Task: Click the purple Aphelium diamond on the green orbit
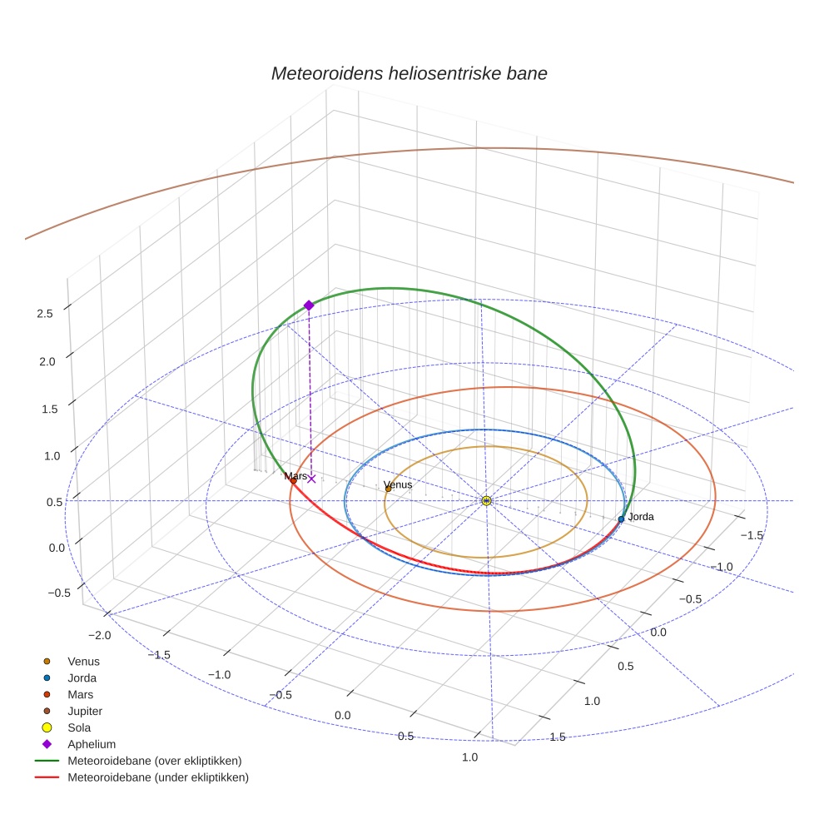pyautogui.click(x=309, y=305)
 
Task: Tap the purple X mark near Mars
pyautogui.click(x=311, y=479)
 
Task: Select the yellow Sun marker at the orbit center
pyautogui.click(x=486, y=500)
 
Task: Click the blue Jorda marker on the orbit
pyautogui.click(x=621, y=519)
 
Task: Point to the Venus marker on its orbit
pyautogui.click(x=388, y=489)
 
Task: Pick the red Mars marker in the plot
pyautogui.click(x=293, y=480)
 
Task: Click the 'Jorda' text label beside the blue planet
pyautogui.click(x=641, y=517)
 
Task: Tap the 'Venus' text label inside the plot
pyautogui.click(x=398, y=484)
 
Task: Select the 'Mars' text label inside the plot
pyautogui.click(x=295, y=476)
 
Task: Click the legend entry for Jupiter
pyautogui.click(x=85, y=711)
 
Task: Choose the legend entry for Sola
pyautogui.click(x=79, y=727)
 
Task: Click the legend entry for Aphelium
pyautogui.click(x=92, y=744)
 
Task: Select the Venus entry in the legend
pyautogui.click(x=83, y=661)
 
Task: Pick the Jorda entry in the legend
pyautogui.click(x=82, y=678)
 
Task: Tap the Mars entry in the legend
pyautogui.click(x=80, y=694)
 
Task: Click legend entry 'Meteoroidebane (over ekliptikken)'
pyautogui.click(x=155, y=761)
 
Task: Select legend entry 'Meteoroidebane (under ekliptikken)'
pyautogui.click(x=158, y=777)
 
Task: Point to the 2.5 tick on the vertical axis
pyautogui.click(x=45, y=314)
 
